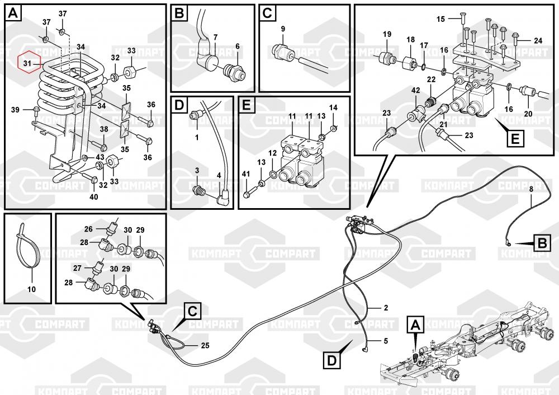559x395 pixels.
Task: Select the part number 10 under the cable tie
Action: click(x=31, y=289)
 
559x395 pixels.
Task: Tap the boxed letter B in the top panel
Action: click(x=179, y=13)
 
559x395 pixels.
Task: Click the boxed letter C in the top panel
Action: click(x=267, y=13)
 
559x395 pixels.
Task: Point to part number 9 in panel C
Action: click(x=283, y=29)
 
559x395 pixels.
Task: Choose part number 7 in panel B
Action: click(x=215, y=37)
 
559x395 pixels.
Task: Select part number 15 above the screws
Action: click(x=440, y=19)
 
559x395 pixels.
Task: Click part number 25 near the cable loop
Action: click(x=205, y=345)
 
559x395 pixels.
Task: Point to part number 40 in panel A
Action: click(x=93, y=196)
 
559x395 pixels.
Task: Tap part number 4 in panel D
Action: click(x=219, y=176)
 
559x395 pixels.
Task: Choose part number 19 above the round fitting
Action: click(x=387, y=35)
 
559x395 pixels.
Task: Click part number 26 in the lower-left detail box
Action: click(x=88, y=228)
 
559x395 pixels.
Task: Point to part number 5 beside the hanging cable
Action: click(x=385, y=340)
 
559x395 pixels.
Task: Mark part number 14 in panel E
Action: click(x=333, y=107)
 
